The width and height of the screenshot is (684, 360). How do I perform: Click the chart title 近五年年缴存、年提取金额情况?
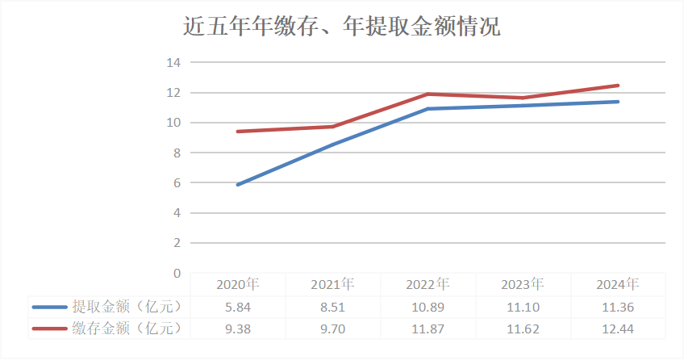coord(341,27)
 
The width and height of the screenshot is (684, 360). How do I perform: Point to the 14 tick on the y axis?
coord(173,62)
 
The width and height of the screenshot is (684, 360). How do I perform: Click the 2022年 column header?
coord(427,284)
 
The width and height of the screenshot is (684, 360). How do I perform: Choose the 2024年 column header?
coord(618,284)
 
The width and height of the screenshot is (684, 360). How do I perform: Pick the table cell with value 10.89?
coord(427,307)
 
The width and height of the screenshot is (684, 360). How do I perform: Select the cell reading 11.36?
coord(618,307)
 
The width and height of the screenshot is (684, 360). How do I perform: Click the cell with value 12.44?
coord(618,329)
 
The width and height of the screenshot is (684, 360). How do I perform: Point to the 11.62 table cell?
coord(523,329)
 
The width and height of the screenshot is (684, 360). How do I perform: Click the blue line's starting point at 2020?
coord(238,185)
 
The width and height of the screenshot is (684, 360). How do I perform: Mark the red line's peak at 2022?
coord(428,94)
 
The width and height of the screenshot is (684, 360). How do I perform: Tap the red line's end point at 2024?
coord(618,86)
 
